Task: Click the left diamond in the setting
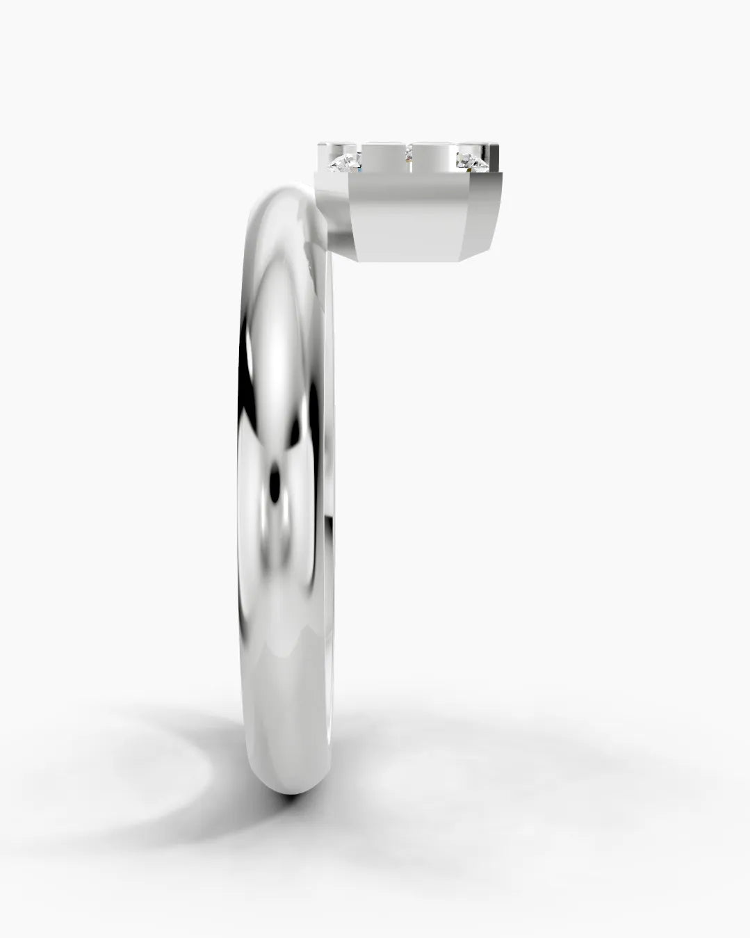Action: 345,164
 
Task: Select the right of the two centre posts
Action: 434,157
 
